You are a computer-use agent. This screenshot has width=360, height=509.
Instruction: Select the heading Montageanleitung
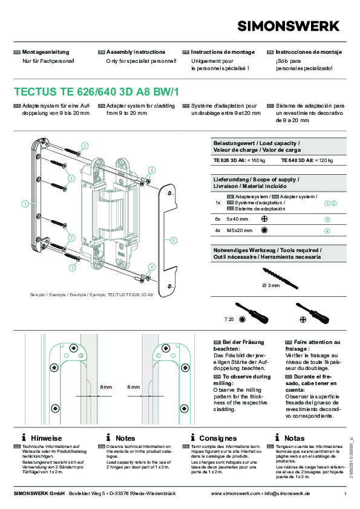(x=46, y=53)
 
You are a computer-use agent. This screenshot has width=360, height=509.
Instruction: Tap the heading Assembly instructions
(x=131, y=53)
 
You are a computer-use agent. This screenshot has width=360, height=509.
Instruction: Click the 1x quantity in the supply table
(x=217, y=203)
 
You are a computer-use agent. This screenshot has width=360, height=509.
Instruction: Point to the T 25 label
(x=229, y=318)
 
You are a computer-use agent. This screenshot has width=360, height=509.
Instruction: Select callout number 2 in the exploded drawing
(x=173, y=241)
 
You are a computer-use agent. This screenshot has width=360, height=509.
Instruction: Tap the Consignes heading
(x=218, y=438)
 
